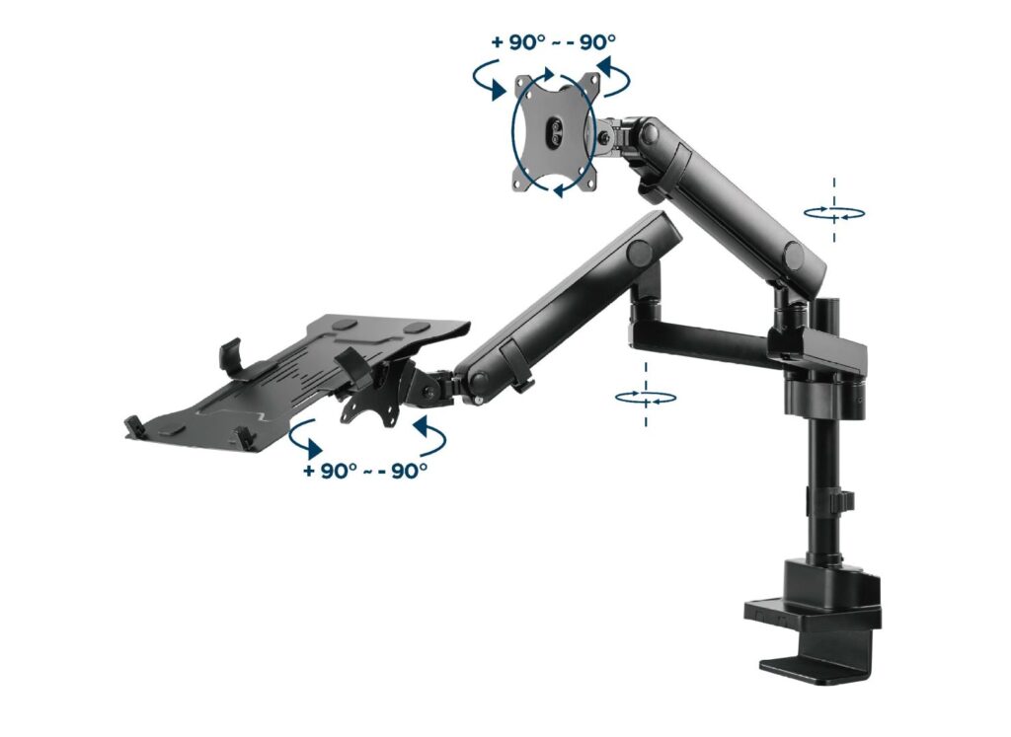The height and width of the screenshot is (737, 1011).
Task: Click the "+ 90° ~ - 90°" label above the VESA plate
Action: [x=553, y=42]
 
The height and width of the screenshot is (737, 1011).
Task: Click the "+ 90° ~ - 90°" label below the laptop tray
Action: [x=365, y=471]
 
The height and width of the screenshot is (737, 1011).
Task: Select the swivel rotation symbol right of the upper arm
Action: [x=834, y=212]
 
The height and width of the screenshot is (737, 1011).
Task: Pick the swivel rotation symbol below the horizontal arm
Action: [x=646, y=397]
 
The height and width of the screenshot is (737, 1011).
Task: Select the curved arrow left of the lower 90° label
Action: [x=305, y=435]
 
